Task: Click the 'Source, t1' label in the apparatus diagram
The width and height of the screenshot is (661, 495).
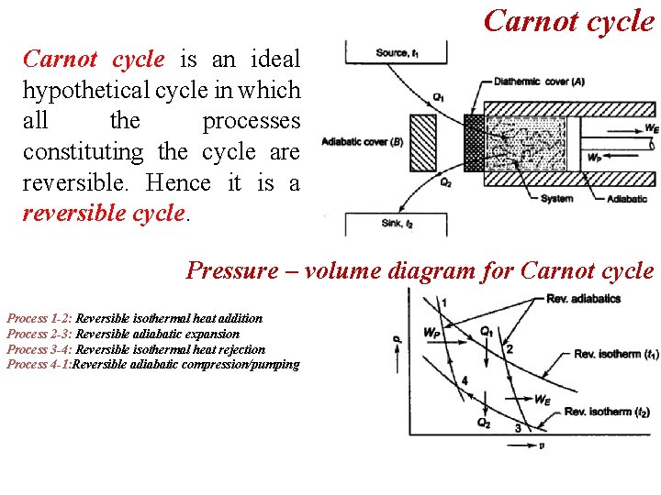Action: point(398,53)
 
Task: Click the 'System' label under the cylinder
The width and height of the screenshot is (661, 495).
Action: point(556,198)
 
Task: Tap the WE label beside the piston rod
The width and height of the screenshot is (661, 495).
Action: point(651,128)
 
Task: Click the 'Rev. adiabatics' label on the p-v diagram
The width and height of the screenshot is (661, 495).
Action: point(584,299)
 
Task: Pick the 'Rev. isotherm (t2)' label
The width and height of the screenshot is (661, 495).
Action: point(608,412)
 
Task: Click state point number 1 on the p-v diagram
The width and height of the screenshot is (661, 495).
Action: point(444,303)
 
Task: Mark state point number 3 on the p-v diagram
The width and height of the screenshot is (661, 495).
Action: point(518,428)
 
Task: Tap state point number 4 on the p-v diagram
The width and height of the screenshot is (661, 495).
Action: point(465,380)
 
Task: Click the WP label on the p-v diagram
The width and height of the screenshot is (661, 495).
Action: point(431,333)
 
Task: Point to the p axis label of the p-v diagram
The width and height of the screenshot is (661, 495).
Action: point(398,341)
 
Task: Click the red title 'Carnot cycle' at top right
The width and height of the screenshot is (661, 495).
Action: point(568,20)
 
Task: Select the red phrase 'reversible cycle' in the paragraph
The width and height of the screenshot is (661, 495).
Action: point(104,214)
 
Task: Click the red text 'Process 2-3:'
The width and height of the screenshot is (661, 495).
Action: point(39,334)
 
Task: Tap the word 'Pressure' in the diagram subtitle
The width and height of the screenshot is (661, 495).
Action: point(231,270)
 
